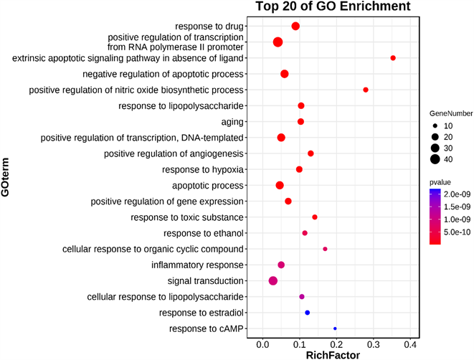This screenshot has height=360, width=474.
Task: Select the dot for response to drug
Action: pos(295,26)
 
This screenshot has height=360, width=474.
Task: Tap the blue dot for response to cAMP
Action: pos(335,328)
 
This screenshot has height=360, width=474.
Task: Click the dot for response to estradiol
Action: pos(308,313)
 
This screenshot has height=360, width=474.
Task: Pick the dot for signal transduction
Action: pos(273,281)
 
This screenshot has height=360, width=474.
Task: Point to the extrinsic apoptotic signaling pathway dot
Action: pos(393,57)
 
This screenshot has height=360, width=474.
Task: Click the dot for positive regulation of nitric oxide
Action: pos(366,90)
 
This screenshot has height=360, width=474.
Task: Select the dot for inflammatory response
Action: pos(281,265)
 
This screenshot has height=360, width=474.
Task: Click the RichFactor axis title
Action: pos(333,354)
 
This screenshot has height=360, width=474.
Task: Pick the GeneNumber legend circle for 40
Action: pos(435,159)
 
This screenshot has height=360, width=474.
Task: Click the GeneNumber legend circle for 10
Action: pos(435,125)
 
